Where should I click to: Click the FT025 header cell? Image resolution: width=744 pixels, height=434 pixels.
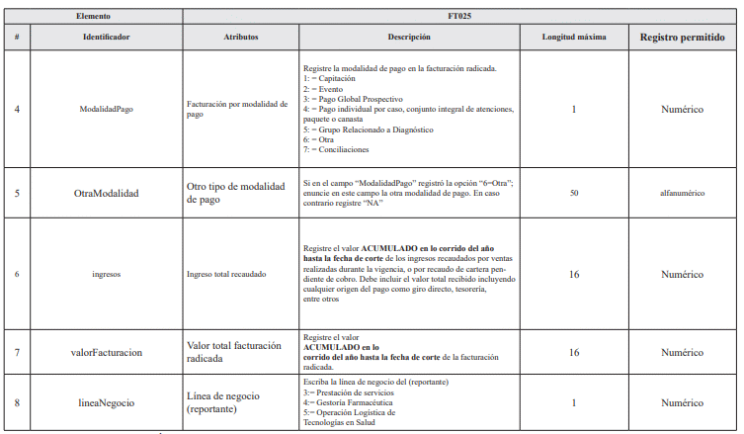click(x=461, y=18)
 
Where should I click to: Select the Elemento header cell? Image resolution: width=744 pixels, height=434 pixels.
click(x=94, y=18)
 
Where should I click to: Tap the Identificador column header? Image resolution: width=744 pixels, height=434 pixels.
click(x=108, y=37)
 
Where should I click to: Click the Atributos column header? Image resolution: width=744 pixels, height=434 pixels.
click(x=241, y=37)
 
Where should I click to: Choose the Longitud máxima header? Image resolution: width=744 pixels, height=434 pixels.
click(x=574, y=37)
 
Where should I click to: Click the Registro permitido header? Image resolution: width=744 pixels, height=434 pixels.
click(x=682, y=37)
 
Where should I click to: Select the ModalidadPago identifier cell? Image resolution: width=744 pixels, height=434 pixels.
click(x=108, y=109)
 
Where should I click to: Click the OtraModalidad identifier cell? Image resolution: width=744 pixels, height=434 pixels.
click(x=108, y=194)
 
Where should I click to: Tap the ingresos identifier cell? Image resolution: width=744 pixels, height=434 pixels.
click(x=108, y=274)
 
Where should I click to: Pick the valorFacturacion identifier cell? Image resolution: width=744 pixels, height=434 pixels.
click(x=108, y=352)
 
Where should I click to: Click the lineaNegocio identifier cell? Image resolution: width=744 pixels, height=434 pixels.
click(x=108, y=403)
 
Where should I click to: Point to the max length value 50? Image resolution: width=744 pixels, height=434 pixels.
click(x=574, y=194)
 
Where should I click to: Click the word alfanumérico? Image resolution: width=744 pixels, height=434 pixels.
click(x=682, y=194)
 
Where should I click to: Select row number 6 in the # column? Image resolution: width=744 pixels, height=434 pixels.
click(x=17, y=274)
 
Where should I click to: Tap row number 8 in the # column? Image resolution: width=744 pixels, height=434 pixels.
click(x=17, y=403)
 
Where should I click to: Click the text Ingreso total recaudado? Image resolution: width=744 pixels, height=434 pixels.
click(x=226, y=274)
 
